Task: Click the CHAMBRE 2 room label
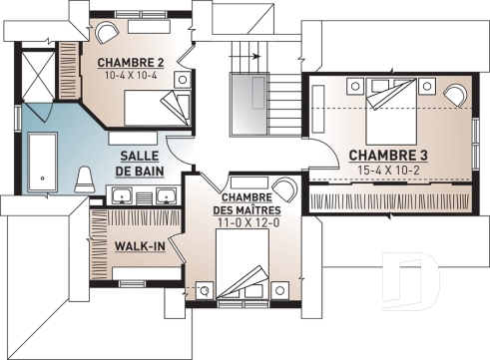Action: coord(130,62)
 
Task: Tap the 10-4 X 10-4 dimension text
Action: coord(130,75)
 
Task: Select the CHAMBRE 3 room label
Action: coord(388,155)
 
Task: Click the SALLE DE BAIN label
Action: coord(140,165)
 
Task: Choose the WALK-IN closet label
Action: coord(140,245)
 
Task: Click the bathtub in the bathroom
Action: coord(42,161)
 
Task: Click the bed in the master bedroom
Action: coord(244,274)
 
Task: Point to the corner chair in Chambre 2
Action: coord(101,30)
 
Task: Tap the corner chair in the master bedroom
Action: coord(284,189)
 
